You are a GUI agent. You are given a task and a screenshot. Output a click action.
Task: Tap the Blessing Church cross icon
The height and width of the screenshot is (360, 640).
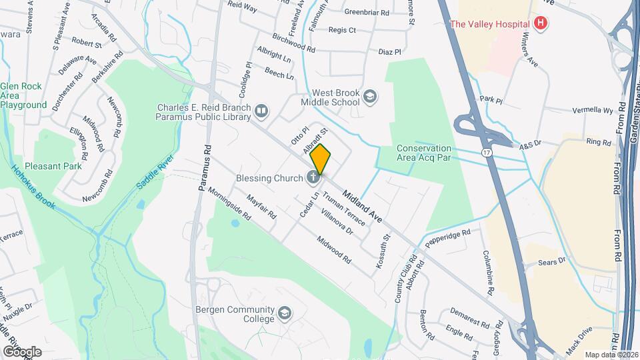pos(312,177)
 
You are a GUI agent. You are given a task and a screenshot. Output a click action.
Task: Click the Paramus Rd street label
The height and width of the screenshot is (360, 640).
pos(204,169)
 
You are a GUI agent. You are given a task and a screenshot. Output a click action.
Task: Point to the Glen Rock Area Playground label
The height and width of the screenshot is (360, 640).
pos(24,95)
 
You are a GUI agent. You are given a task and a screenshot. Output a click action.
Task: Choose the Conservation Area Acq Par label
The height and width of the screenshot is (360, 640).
pos(424,153)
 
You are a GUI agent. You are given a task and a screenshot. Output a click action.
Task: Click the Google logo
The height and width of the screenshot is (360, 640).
pos(22,351)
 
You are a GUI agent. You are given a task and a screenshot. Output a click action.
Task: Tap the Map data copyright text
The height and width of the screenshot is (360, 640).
pos(611,355)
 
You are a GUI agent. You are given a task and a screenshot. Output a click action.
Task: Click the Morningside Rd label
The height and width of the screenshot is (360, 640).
pos(229,203)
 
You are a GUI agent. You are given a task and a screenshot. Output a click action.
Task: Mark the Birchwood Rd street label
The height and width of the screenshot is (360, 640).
pos(294,43)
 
